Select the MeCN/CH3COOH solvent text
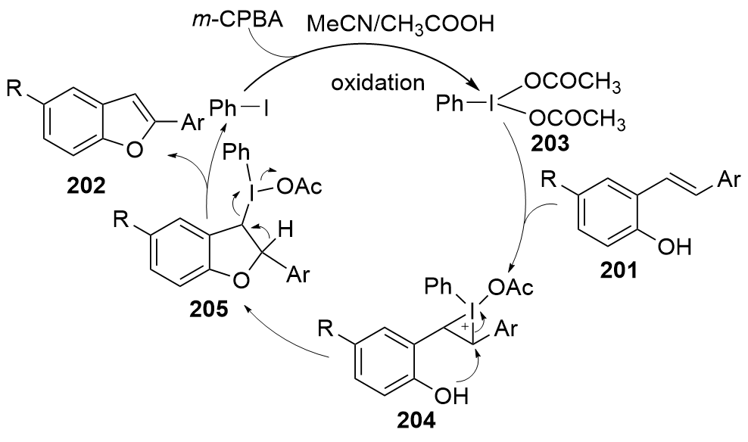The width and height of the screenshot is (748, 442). point(400,24)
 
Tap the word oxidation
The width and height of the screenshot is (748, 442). point(378,82)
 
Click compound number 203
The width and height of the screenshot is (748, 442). point(552,142)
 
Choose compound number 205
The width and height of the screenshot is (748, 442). point(208,310)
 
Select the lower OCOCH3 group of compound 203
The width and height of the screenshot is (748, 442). point(577,118)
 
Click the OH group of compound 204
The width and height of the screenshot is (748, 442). point(451,395)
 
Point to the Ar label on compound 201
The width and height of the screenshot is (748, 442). point(729,180)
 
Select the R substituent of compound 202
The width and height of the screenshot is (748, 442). point(15,88)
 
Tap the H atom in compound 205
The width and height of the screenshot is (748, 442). point(285,231)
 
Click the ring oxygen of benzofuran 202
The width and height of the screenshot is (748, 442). point(135,150)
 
